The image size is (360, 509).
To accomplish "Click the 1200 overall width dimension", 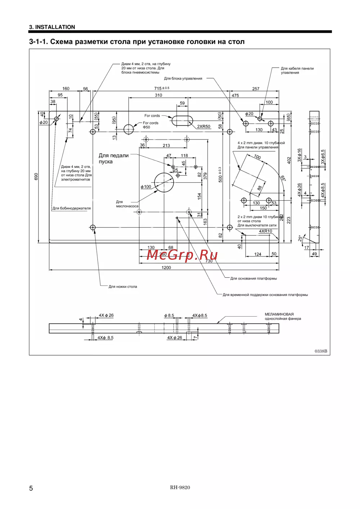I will tap(166, 268).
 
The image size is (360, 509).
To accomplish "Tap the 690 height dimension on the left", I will tap(36, 177).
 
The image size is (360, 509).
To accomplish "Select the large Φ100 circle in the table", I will tap(164, 182).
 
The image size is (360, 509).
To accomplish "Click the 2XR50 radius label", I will tap(203, 127).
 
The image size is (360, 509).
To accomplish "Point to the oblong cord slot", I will tap(182, 121).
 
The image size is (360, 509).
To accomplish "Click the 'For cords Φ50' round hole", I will tap(129, 129).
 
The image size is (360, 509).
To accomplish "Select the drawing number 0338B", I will tap(321, 351).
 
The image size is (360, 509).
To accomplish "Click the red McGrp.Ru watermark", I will tap(182, 255).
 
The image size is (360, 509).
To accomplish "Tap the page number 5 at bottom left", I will tap(31, 488).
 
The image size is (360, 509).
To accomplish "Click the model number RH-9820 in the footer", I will tap(180, 487).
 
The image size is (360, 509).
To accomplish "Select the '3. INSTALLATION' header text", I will tap(52, 27).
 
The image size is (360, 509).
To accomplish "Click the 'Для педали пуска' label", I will tap(113, 158).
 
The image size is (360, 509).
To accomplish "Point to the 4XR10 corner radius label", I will tap(266, 231).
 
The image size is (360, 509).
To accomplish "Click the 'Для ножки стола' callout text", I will tap(123, 287).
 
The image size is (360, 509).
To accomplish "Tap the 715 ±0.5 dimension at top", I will tap(161, 88).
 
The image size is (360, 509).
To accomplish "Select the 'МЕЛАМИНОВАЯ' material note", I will tap(279, 314).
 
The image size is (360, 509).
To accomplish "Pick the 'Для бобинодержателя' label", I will tap(72, 208).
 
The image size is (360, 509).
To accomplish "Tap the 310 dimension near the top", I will tap(158, 95).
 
